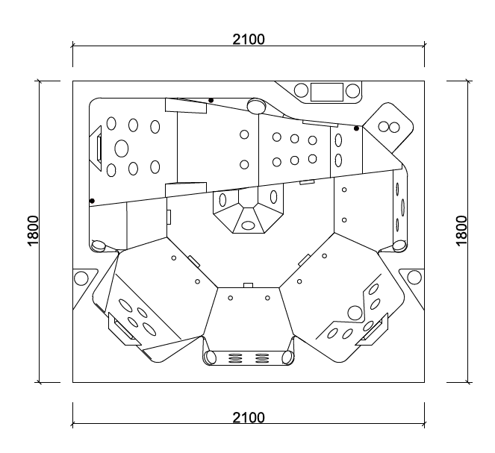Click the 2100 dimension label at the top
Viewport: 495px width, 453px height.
click(249, 39)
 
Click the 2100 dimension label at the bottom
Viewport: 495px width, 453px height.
click(249, 417)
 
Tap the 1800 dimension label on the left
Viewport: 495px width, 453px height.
click(32, 231)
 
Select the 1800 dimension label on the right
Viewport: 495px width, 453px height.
click(462, 231)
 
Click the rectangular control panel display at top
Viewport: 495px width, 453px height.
click(326, 91)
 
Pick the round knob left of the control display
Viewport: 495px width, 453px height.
click(301, 91)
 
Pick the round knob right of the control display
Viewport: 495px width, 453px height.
click(352, 91)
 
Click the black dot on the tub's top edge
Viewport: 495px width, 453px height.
click(211, 100)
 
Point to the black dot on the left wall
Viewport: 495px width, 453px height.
click(92, 200)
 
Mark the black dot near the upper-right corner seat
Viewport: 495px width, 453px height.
click(357, 128)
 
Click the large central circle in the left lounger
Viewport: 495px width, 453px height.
click(121, 147)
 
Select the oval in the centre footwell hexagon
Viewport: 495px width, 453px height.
click(248, 225)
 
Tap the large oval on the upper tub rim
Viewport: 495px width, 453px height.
click(256, 105)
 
